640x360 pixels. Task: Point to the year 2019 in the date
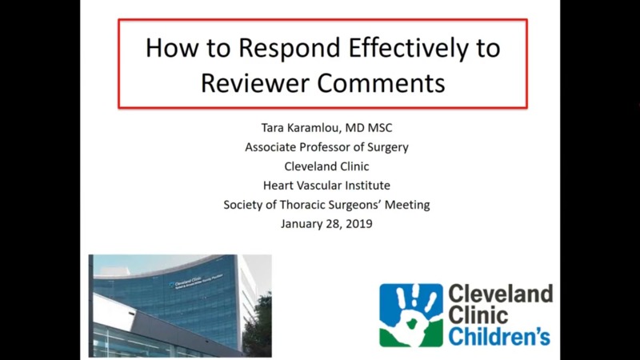(x=357, y=224)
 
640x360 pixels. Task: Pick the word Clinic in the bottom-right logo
(x=478, y=314)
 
